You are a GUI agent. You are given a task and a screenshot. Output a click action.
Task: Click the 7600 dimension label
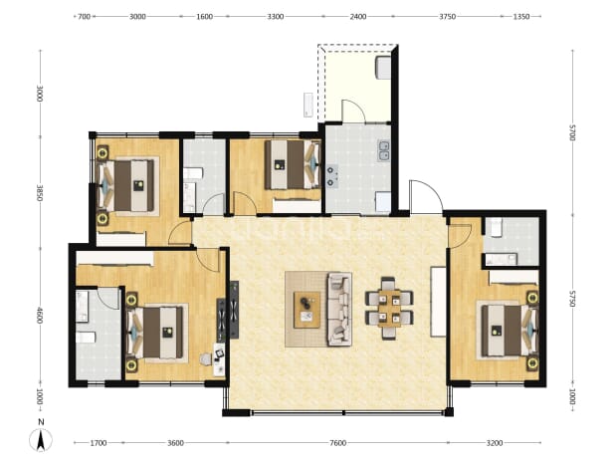(x=337, y=443)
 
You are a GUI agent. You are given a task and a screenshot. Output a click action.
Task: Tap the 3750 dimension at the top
(x=447, y=17)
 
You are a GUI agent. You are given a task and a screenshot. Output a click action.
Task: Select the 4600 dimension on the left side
(x=39, y=315)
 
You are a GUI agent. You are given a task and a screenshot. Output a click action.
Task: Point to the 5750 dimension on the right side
(x=572, y=299)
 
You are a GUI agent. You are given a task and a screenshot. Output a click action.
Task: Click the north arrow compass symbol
(x=41, y=439)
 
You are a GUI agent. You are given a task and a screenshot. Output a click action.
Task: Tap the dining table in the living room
(x=389, y=309)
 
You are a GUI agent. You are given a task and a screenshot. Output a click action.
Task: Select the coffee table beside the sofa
(x=307, y=310)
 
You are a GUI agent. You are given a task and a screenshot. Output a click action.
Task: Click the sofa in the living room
(x=339, y=310)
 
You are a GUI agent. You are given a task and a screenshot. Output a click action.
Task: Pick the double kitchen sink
(x=383, y=150)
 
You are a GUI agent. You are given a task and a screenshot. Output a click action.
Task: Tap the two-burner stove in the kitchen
(x=332, y=176)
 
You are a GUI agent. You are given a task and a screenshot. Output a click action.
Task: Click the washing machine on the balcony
(x=383, y=68)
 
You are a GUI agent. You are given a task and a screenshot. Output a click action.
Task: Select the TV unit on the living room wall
(x=234, y=310)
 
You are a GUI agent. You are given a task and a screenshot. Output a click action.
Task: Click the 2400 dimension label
(x=358, y=17)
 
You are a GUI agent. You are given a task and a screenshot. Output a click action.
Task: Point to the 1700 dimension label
(x=99, y=443)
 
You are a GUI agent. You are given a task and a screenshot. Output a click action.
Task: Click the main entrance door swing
(x=426, y=197)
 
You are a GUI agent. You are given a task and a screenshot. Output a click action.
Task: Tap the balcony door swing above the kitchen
(x=354, y=112)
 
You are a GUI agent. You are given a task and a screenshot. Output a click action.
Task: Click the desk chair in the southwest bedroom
(x=205, y=359)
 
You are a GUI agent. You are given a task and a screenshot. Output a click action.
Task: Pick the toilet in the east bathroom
(x=495, y=227)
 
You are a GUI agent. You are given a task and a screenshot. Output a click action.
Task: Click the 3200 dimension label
(x=495, y=443)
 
